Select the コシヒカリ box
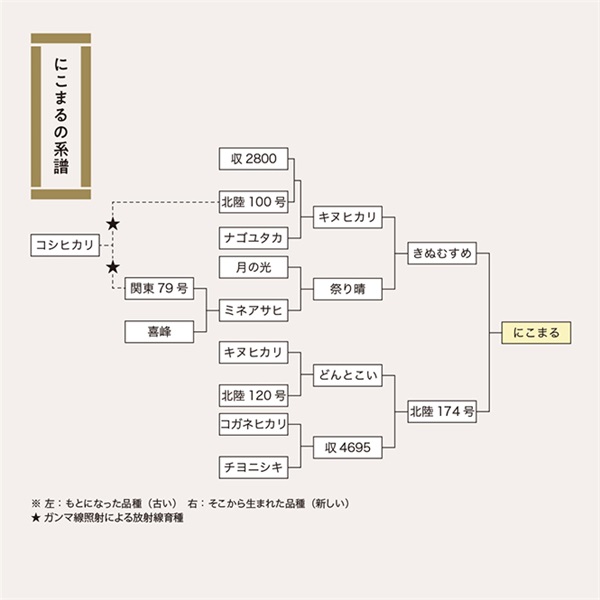(x=64, y=246)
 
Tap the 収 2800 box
(x=254, y=159)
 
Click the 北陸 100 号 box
(x=254, y=202)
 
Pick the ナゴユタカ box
(x=254, y=238)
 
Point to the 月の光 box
(x=254, y=267)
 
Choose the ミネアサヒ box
(x=254, y=310)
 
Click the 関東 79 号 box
(x=158, y=289)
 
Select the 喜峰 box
(x=158, y=332)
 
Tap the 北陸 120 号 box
(x=254, y=395)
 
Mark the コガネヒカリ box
(x=254, y=424)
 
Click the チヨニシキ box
(x=254, y=467)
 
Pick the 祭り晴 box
(x=347, y=289)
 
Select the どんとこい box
(x=347, y=374)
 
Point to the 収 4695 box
(x=347, y=447)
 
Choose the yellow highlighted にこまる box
(x=535, y=332)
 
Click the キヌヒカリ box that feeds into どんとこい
(x=254, y=352)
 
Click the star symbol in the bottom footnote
(x=35, y=520)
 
